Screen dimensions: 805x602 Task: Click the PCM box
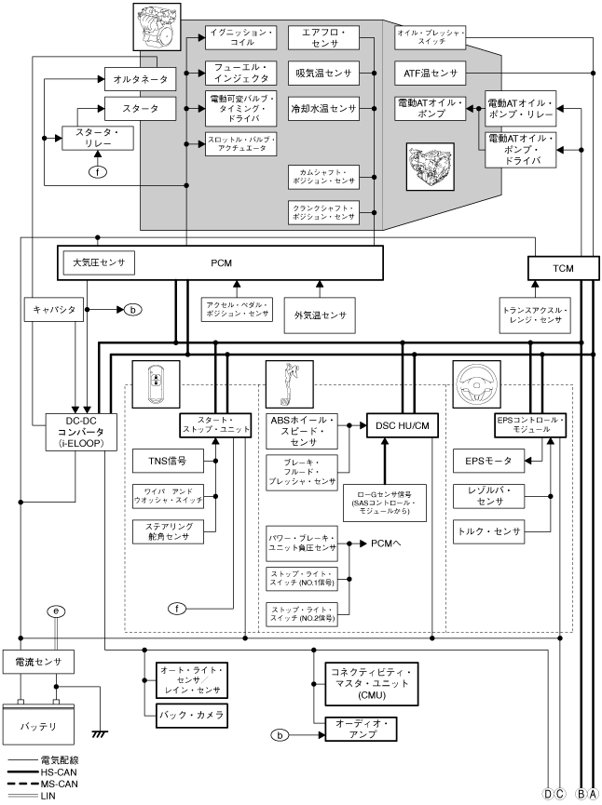221,263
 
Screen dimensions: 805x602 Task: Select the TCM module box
562,268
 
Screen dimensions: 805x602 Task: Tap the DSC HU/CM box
402,425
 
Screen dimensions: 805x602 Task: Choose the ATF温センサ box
431,73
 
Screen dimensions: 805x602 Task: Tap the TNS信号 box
168,460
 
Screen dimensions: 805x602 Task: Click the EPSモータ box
485,459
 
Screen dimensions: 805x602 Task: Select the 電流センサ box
39,663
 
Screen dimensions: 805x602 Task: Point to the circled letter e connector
58,611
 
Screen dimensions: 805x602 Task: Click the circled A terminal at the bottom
593,793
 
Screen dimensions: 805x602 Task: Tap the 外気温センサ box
320,315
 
